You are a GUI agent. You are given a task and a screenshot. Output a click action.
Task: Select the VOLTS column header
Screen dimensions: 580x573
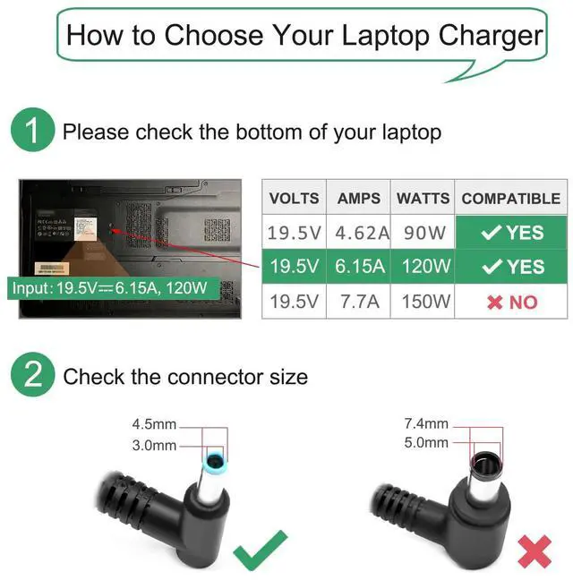[x=294, y=199]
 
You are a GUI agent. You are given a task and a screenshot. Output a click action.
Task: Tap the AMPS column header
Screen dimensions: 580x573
[x=359, y=199]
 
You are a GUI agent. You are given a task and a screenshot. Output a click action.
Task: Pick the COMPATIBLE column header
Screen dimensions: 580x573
[x=510, y=199]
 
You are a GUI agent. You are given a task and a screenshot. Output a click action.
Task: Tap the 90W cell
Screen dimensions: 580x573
[x=423, y=233]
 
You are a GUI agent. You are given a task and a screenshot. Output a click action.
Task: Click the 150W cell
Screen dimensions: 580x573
[x=423, y=302]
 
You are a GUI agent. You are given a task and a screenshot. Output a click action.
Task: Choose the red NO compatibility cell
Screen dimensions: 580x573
[x=511, y=302]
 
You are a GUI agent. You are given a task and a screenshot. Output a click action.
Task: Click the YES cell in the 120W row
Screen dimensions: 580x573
[x=511, y=267]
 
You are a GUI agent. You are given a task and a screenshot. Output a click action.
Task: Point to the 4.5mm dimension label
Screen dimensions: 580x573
[x=153, y=424]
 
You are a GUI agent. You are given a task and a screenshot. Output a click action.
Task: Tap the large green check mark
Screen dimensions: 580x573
[x=261, y=550]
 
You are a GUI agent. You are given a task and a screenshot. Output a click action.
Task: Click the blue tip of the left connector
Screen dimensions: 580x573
[x=216, y=462]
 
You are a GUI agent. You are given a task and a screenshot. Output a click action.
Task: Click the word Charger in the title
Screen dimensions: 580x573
[x=491, y=36]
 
